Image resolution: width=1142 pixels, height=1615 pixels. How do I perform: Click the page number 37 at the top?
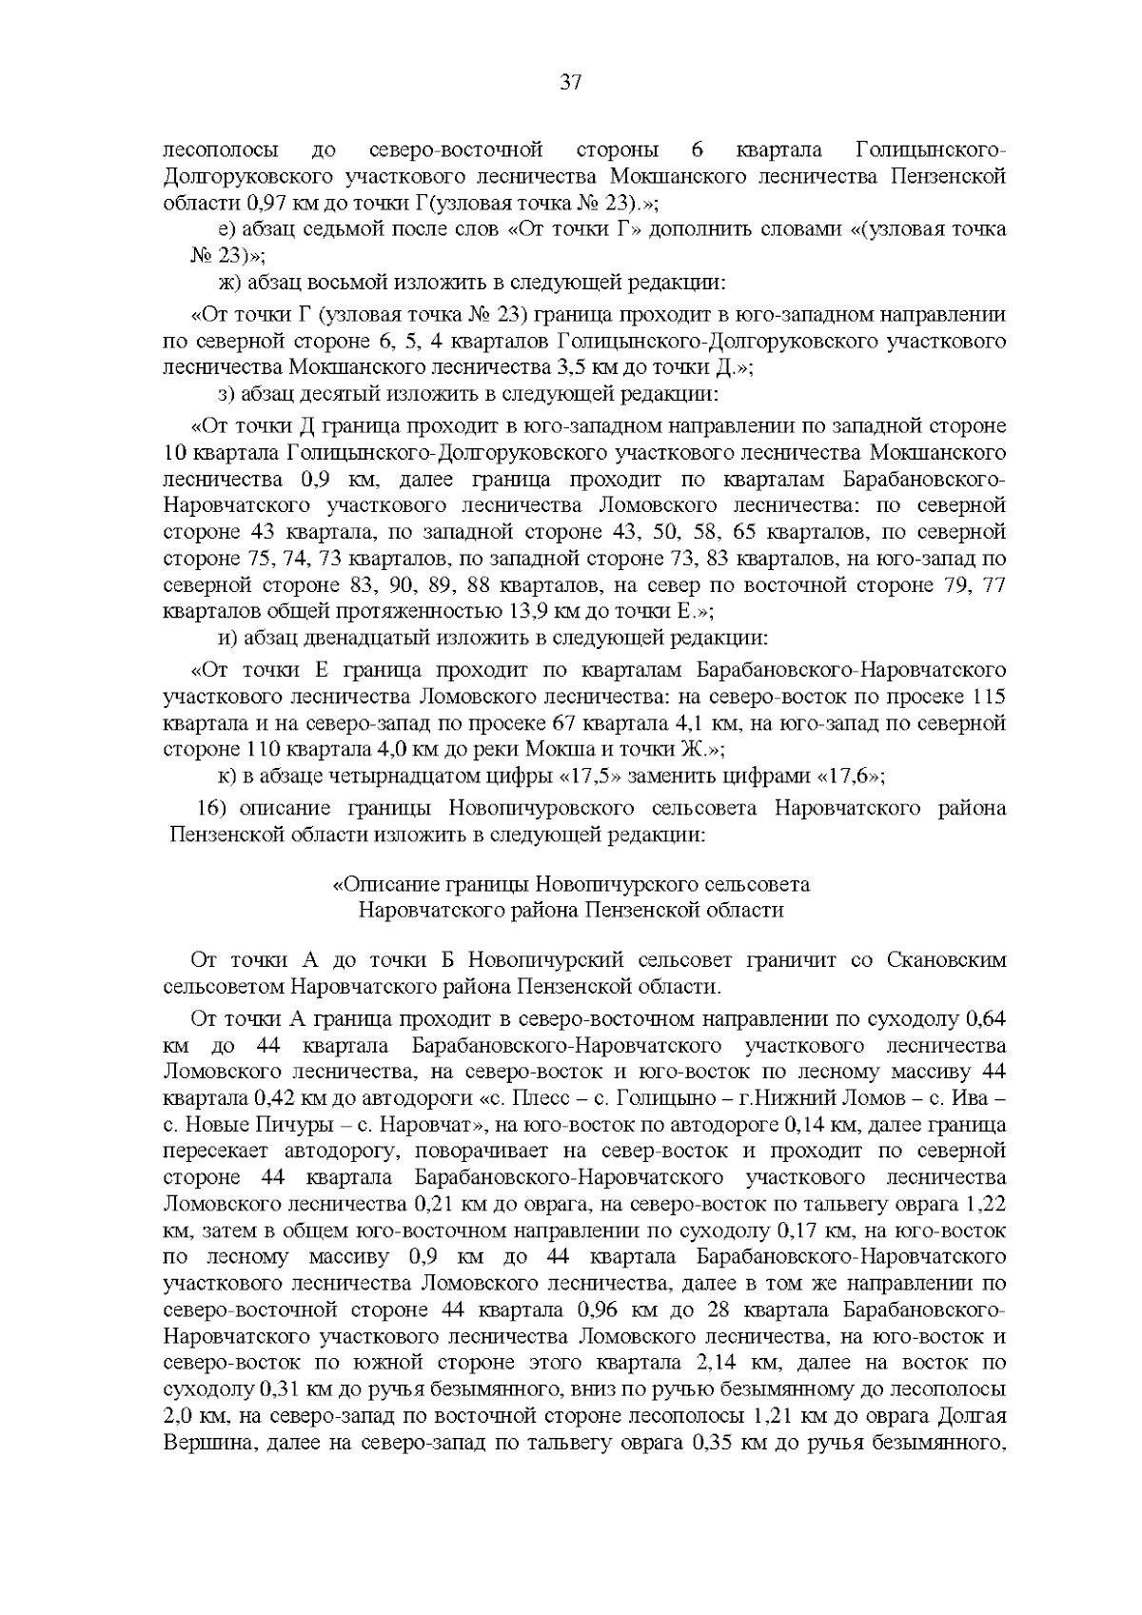tap(570, 82)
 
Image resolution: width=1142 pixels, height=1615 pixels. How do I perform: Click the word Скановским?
tap(942, 959)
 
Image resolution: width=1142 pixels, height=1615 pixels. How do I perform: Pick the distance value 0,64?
tap(985, 1019)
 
